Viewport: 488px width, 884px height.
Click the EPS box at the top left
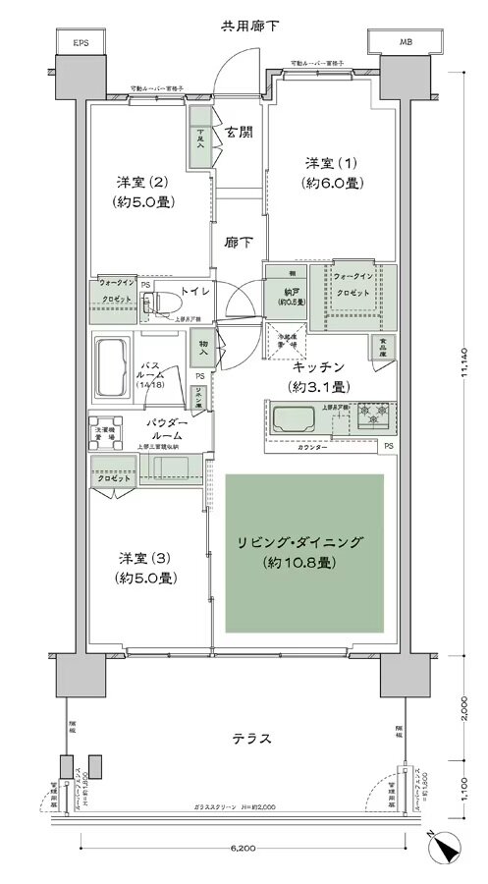[81, 43]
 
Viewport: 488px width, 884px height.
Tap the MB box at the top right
[407, 43]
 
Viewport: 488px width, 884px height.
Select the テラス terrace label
[242, 739]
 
